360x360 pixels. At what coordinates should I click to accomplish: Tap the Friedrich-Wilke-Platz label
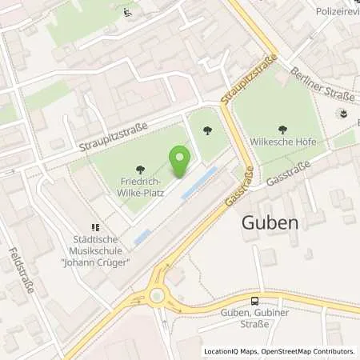point(142,187)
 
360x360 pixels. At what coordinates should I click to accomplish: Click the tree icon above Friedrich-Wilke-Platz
point(142,170)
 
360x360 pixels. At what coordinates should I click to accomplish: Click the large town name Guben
point(270,223)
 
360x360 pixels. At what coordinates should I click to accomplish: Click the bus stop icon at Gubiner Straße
point(255,301)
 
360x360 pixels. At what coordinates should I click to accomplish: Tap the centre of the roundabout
point(157,295)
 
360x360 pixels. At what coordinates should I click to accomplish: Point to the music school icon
point(94,206)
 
